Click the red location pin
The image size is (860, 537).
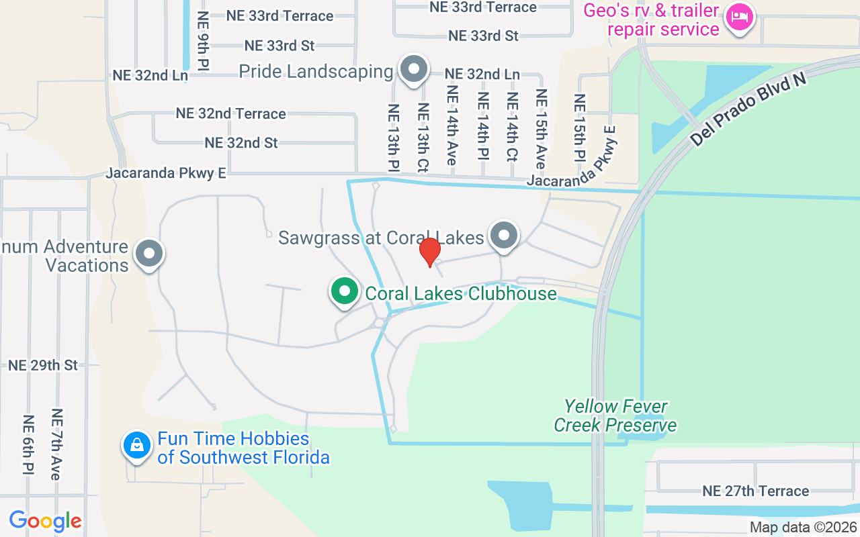pos(430,252)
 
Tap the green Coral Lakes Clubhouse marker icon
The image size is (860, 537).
pos(345,292)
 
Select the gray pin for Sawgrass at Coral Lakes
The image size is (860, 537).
pos(504,236)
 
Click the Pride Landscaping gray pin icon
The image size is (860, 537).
pos(414,69)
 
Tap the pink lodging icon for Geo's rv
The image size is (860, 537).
pos(740,17)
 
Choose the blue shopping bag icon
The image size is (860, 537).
pos(137,445)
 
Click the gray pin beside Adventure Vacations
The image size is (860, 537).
pos(149,254)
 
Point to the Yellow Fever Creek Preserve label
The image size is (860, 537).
pos(615,416)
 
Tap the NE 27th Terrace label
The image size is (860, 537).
pos(755,491)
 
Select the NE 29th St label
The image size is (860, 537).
pos(43,366)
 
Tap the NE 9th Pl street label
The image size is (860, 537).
pos(203,40)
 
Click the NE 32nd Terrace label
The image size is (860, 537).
pos(230,113)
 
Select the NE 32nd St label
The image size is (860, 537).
pos(241,143)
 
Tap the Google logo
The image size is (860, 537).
pos(45,521)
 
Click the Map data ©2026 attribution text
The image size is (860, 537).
pos(803,528)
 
